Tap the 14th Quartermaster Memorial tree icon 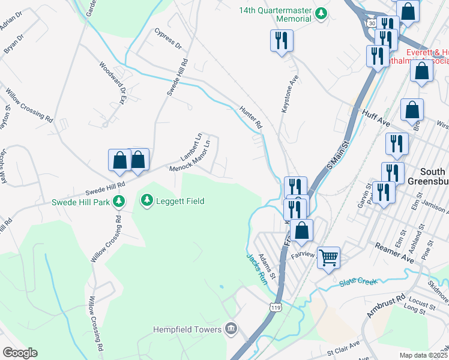click(x=322, y=14)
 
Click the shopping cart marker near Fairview click(x=328, y=258)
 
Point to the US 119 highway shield click(x=275, y=307)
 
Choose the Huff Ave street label click(x=376, y=118)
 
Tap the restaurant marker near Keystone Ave click(x=281, y=41)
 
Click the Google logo click(x=20, y=353)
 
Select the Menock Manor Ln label click(x=190, y=156)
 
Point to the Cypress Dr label click(x=167, y=37)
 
